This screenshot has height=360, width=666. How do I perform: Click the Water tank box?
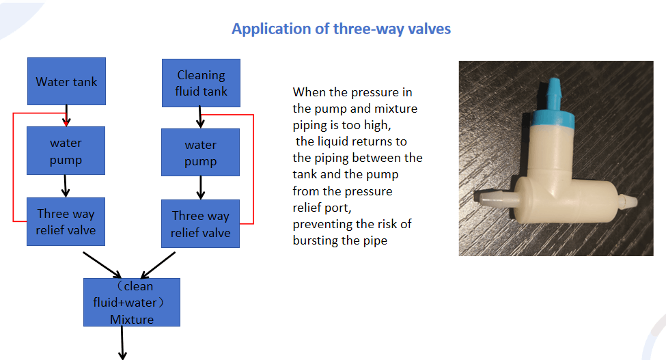(67, 81)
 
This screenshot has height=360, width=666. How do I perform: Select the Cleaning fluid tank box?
(201, 83)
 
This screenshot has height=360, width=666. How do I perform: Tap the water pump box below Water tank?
(66, 151)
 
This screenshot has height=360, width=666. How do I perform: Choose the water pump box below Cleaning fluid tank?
(200, 152)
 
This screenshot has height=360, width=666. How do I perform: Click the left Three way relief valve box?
(66, 221)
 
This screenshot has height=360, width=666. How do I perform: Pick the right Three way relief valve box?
(200, 224)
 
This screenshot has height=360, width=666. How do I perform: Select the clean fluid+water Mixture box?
(132, 302)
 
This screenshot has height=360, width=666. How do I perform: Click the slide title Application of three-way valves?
(341, 29)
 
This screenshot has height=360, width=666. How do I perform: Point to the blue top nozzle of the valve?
(554, 92)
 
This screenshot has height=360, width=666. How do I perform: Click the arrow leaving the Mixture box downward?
(122, 343)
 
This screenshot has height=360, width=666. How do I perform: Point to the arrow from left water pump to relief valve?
(66, 186)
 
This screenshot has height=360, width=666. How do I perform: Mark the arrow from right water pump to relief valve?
(200, 188)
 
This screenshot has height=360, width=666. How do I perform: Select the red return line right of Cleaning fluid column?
(253, 169)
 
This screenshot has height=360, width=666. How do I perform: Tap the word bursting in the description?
(311, 240)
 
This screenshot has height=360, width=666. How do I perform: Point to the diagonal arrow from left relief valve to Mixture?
(102, 265)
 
